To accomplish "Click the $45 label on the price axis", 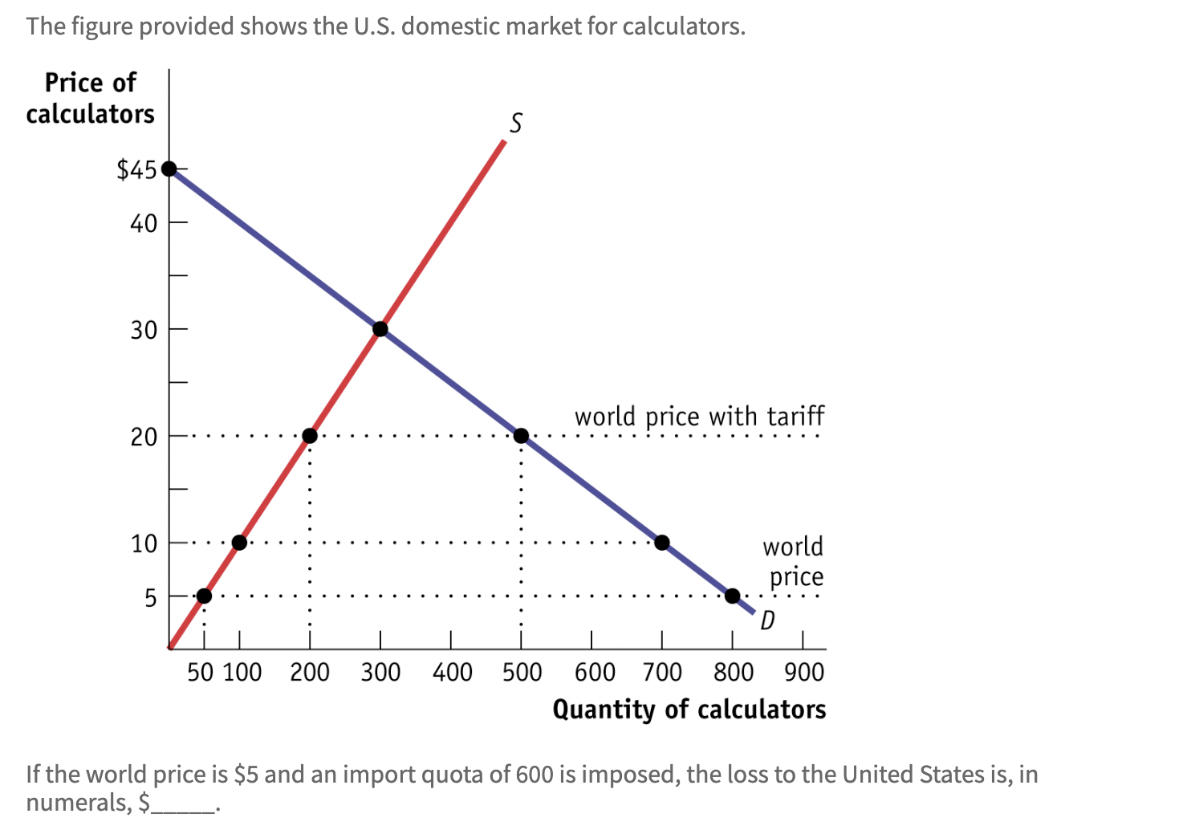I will point(136,170).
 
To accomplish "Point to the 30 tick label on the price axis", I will point(144,330).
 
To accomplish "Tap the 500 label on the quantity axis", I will point(522,672).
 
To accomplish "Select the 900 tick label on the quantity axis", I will point(803,672).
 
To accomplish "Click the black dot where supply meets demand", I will point(380,329).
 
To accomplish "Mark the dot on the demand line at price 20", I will point(521,436).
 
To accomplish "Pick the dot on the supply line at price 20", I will point(310,436).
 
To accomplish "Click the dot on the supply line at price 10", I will point(239,543).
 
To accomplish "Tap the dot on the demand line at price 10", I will point(662,543).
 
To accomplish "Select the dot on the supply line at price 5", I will point(204,596).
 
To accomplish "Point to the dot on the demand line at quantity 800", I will point(732,596).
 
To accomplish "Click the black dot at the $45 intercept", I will point(169,169).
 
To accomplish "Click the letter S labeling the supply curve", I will point(515,123).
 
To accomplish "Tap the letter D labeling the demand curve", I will point(767,620).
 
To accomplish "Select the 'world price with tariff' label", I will point(698,417).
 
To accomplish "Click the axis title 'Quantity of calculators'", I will point(689,710).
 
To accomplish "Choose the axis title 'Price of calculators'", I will point(90,98).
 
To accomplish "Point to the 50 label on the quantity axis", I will point(200,672).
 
